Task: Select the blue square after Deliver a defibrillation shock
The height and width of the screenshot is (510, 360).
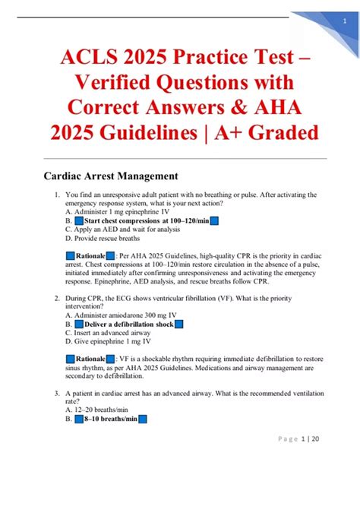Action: (x=179, y=324)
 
